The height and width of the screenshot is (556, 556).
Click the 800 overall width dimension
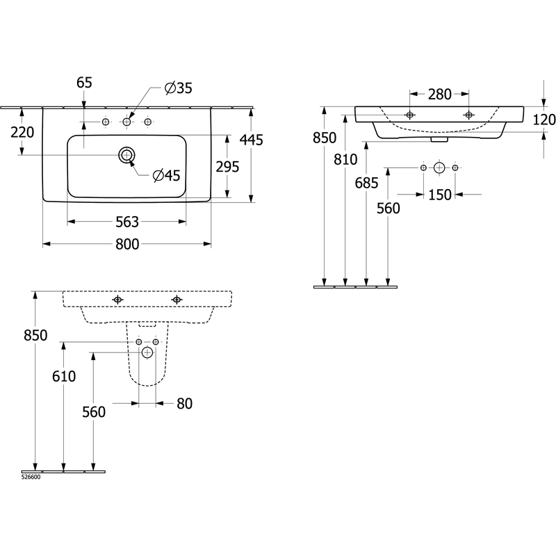coord(127,245)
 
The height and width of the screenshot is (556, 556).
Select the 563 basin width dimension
coord(127,222)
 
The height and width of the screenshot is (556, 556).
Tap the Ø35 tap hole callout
coord(179,88)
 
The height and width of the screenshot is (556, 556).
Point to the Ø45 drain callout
coord(167,176)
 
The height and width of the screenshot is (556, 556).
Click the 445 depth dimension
coord(252,140)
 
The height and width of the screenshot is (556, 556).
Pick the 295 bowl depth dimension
coord(228,167)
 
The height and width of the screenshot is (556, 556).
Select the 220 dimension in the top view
coord(22,133)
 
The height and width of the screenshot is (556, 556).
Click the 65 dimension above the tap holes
coord(84,83)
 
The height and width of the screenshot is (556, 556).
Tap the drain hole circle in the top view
coord(126,155)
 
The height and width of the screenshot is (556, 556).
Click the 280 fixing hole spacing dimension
coord(440,95)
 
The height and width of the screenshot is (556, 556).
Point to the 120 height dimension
coord(544,120)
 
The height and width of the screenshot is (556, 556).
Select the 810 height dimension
coord(345,160)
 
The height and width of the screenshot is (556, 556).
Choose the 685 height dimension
coord(367,183)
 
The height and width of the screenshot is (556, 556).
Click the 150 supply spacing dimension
coord(440,195)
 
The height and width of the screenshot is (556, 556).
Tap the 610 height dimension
coord(64,377)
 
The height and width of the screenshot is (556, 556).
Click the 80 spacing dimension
coord(184,404)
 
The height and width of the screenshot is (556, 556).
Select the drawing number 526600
coord(31,477)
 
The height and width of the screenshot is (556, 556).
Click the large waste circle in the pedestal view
coord(147,353)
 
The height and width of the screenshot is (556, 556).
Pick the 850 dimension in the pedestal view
coord(35,336)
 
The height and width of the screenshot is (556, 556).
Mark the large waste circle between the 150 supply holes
coord(439,167)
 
